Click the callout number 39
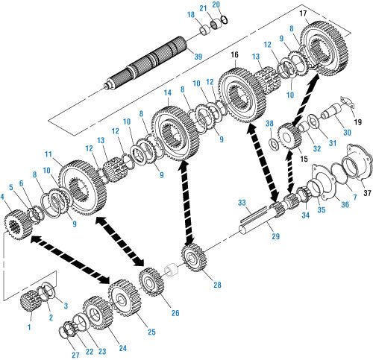(198, 57)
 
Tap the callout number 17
(303, 13)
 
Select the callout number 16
(234, 54)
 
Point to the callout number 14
(168, 93)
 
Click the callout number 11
(48, 154)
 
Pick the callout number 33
(242, 203)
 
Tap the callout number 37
(367, 193)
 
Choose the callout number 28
(217, 285)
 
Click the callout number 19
(357, 122)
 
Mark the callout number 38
(269, 124)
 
